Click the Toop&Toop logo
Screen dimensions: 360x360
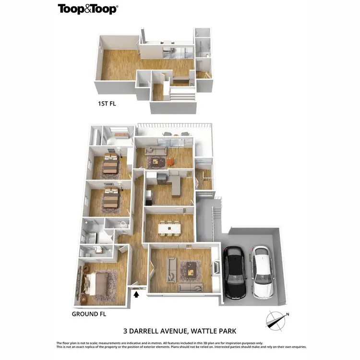(x=88, y=9)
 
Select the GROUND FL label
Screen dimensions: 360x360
(x=89, y=314)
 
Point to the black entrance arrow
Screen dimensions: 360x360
(x=136, y=294)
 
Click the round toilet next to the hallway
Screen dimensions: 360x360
(x=123, y=223)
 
